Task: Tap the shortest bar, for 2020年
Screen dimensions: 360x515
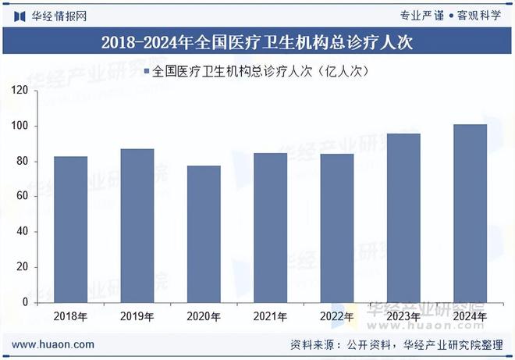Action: tap(204, 233)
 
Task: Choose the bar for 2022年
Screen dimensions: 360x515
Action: tap(337, 228)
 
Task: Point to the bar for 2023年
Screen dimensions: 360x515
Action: tap(403, 218)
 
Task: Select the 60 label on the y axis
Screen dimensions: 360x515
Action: tap(23, 197)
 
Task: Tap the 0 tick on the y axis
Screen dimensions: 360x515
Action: tap(25, 302)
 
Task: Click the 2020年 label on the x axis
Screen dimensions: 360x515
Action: tap(204, 317)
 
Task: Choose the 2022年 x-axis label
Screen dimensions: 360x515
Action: tap(337, 317)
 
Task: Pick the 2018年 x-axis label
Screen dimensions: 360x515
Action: tap(70, 317)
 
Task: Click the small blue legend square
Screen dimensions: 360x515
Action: tap(147, 71)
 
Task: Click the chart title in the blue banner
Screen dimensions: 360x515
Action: tap(257, 42)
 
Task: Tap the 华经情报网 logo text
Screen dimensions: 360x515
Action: tap(59, 16)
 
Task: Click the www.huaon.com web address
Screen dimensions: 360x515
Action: tap(54, 344)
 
